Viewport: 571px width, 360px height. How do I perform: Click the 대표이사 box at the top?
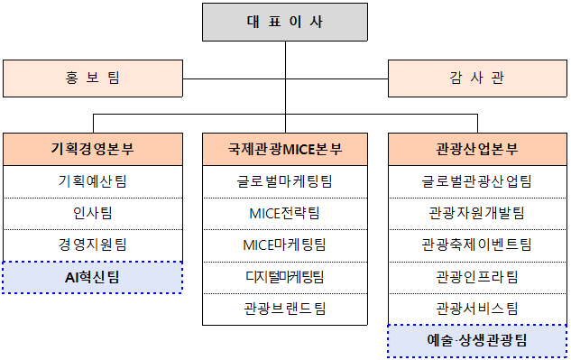(284, 22)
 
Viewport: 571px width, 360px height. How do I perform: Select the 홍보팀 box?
(92, 78)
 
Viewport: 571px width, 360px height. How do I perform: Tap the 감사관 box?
(476, 78)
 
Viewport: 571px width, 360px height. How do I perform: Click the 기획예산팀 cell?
(92, 181)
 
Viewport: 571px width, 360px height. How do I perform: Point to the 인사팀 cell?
(92, 213)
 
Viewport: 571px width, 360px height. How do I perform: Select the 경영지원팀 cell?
(92, 245)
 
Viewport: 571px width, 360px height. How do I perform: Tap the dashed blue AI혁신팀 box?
(92, 277)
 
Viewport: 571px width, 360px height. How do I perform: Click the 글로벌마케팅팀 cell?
(284, 181)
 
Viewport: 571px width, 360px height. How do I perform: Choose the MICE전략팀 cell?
(284, 213)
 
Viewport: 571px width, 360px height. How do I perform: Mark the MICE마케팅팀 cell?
(284, 245)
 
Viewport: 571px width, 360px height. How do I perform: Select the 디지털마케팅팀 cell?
(284, 276)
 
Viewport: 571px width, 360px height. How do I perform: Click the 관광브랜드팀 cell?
(284, 308)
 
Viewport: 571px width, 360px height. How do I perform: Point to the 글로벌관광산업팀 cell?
(476, 181)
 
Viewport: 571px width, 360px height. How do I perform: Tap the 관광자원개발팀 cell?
(476, 213)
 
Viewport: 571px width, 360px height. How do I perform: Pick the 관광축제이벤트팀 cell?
(476, 245)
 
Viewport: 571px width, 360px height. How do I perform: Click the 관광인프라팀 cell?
(476, 276)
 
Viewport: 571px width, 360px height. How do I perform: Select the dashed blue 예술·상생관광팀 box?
(476, 341)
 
